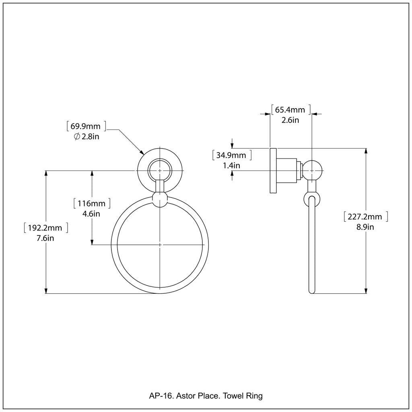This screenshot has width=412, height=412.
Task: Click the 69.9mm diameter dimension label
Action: (x=86, y=126)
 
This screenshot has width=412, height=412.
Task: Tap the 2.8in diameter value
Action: (x=90, y=137)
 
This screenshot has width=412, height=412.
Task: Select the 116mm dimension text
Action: (x=91, y=204)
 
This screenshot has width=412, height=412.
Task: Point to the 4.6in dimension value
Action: (x=91, y=214)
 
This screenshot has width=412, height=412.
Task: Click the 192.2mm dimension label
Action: (x=45, y=228)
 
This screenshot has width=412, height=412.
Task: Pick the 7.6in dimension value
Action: (x=45, y=238)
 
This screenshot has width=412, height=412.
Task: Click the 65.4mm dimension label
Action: (x=290, y=109)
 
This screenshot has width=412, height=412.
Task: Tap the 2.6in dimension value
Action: (x=290, y=120)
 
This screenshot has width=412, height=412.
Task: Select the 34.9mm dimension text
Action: (x=231, y=155)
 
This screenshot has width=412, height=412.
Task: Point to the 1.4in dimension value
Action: (x=231, y=165)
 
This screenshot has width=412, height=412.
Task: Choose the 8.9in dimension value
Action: (x=365, y=227)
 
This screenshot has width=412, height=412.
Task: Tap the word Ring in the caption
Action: (x=254, y=396)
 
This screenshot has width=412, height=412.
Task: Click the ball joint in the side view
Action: (x=312, y=170)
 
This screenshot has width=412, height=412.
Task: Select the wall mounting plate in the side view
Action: (x=273, y=171)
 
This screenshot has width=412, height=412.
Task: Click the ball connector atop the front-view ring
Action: (x=160, y=199)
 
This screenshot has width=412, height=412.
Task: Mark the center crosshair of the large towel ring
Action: (x=160, y=245)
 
